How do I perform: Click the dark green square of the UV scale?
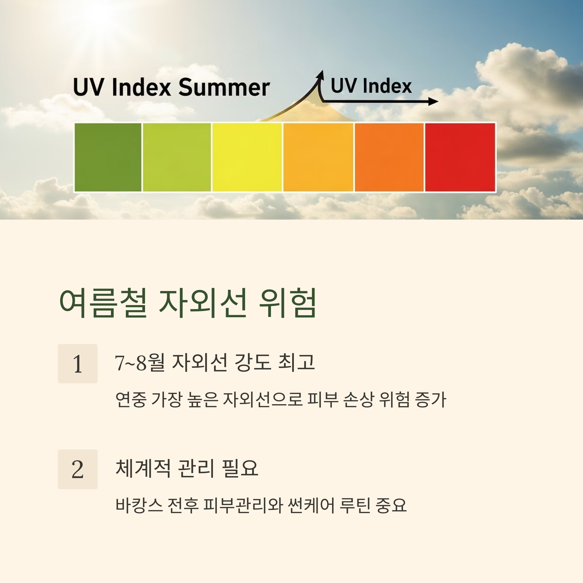pyautogui.click(x=108, y=157)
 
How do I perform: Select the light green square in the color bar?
pyautogui.click(x=177, y=157)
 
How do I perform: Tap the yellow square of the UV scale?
pyautogui.click(x=247, y=157)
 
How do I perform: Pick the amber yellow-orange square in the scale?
pyautogui.click(x=318, y=157)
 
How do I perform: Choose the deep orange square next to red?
pyautogui.click(x=389, y=157)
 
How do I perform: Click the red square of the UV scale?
pyautogui.click(x=460, y=157)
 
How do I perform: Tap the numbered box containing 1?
pyautogui.click(x=77, y=364)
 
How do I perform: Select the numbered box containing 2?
pyautogui.click(x=77, y=469)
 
